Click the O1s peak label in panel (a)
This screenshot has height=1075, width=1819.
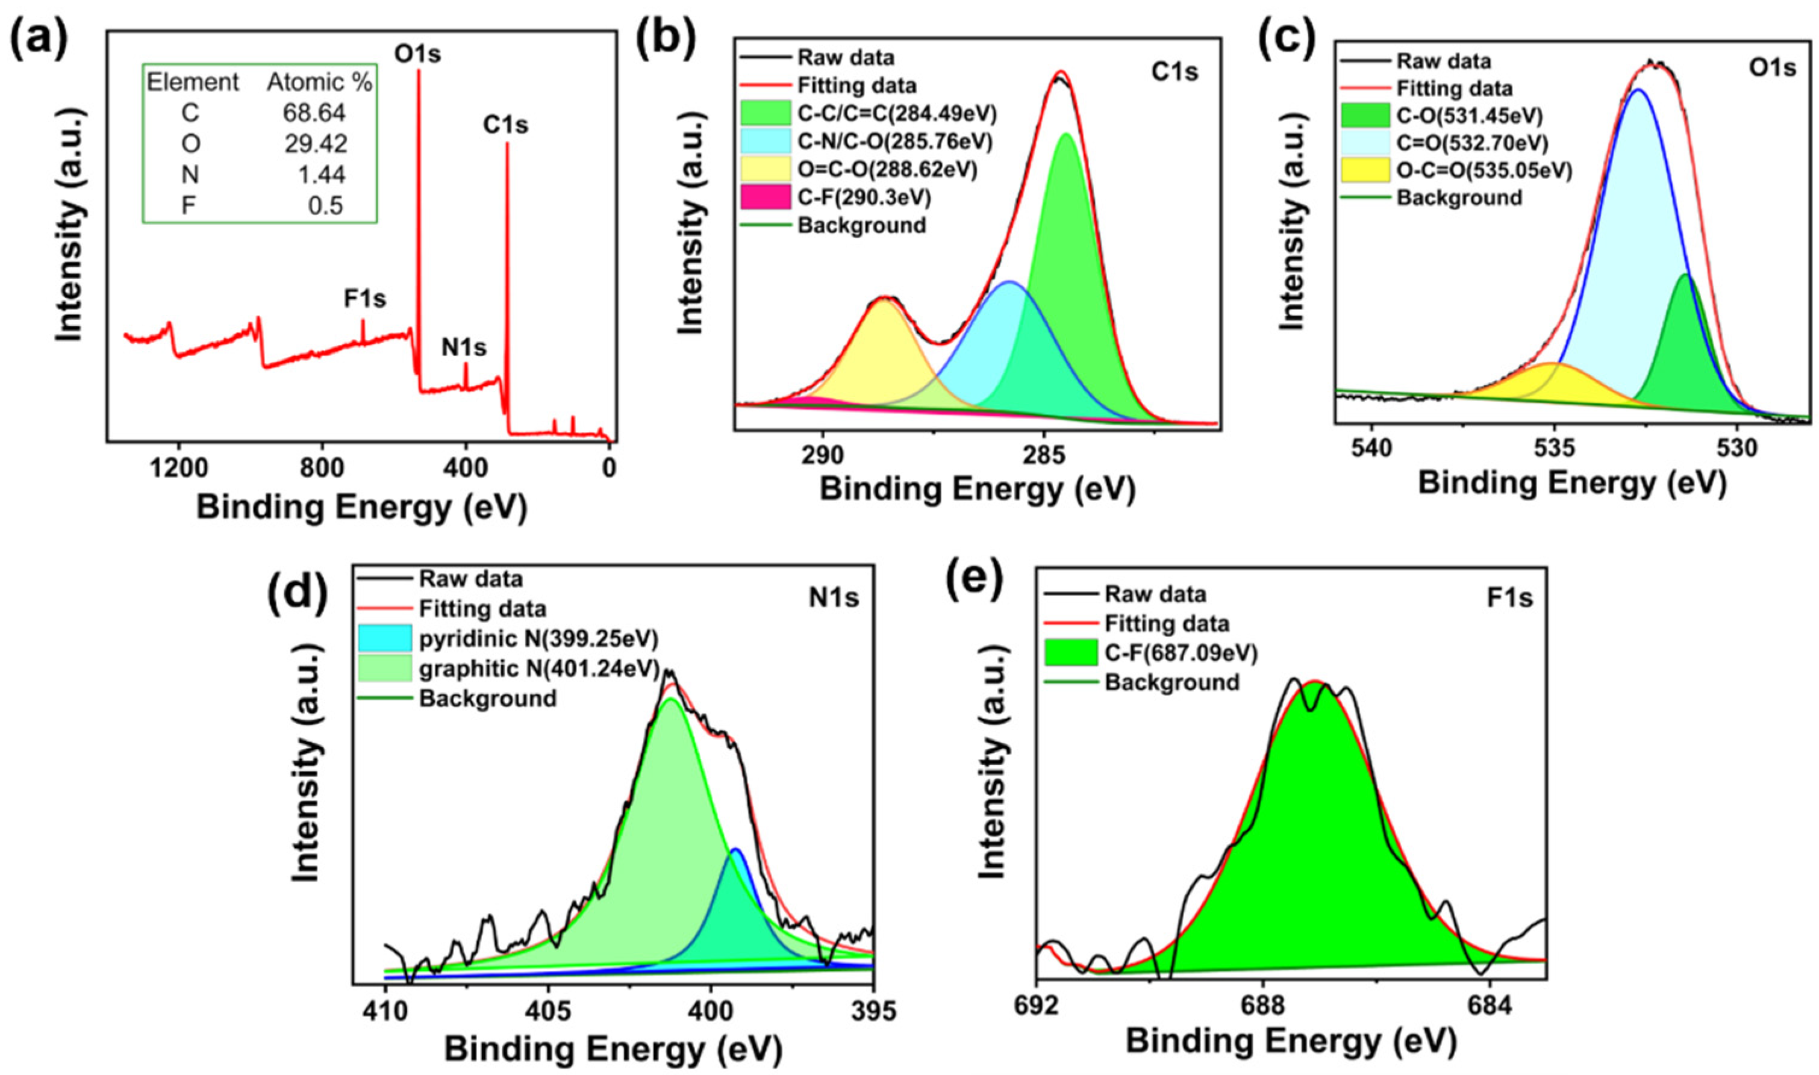417,54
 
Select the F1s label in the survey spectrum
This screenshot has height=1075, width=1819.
364,299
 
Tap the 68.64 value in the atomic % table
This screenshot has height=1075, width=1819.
325,113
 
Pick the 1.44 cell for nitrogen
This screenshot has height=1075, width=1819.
325,175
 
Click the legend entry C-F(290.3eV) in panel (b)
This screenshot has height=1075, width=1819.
864,197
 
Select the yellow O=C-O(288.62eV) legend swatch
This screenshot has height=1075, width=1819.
765,169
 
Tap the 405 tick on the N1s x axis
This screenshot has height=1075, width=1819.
548,1011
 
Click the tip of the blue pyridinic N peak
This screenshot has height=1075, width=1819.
735,850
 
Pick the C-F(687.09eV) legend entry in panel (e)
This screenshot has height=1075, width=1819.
1181,653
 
